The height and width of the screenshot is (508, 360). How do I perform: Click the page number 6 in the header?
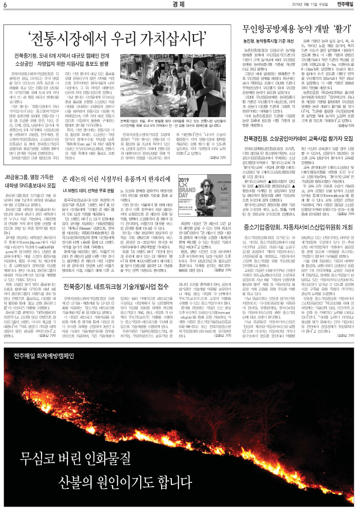click(x=4, y=5)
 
